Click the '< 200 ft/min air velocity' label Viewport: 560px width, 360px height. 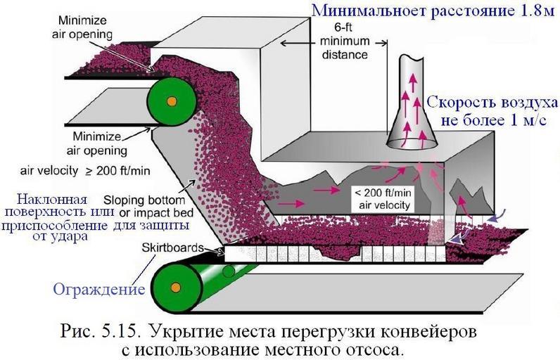[383, 197]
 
